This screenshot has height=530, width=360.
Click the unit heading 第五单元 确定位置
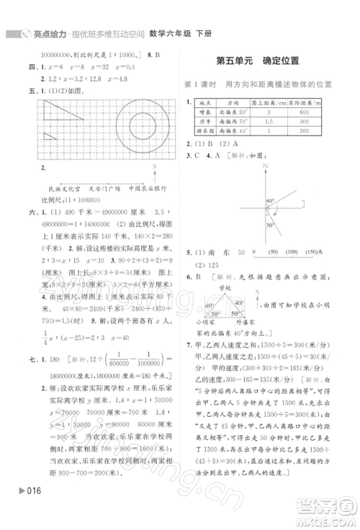tap(258, 62)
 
